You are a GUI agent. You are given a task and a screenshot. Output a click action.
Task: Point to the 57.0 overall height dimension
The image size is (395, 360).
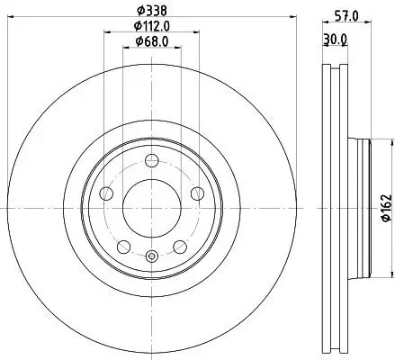click(x=338, y=15)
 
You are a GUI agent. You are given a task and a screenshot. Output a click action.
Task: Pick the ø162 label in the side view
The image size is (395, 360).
click(x=384, y=206)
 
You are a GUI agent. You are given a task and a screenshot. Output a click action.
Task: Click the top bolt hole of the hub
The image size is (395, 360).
click(x=152, y=161)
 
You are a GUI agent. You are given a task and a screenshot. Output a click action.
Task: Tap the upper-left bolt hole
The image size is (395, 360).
click(x=107, y=193)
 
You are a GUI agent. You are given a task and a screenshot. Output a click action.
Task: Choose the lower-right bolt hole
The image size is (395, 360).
click(x=180, y=246)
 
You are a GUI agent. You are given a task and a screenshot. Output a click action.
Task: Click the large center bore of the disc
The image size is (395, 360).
click(x=152, y=208)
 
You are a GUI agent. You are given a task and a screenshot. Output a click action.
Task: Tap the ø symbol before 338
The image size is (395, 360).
click(x=139, y=12)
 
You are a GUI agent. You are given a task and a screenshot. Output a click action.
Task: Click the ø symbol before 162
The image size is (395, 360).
click(x=384, y=220)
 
